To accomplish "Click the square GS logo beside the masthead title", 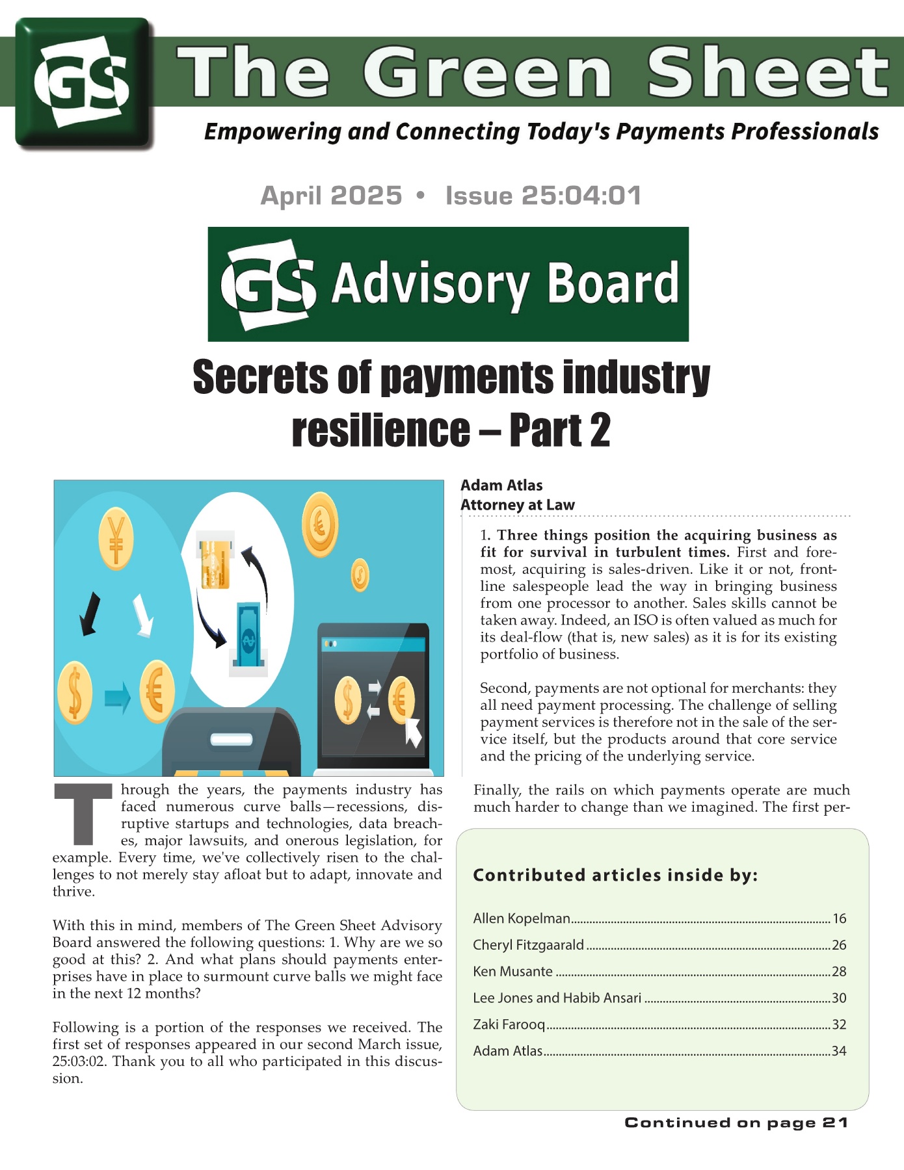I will point(84,83).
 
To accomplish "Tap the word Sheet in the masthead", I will point(767,73).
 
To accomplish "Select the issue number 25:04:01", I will point(543,196).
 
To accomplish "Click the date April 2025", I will point(331,196).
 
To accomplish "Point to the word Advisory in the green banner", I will point(430,284).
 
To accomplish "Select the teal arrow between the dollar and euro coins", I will point(117,697).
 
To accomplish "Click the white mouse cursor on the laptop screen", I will point(414,732).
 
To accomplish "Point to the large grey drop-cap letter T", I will point(83,814).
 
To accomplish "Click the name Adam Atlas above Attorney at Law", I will point(501,486).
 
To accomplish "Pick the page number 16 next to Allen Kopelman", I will point(839,918).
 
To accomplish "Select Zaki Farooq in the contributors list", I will point(509,1024).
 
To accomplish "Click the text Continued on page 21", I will point(736,1123).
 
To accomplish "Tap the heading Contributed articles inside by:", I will point(615,875).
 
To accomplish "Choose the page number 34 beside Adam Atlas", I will point(839,1051).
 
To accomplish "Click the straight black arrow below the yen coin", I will point(89,613).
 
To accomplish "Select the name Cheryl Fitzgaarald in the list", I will point(528,945).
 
